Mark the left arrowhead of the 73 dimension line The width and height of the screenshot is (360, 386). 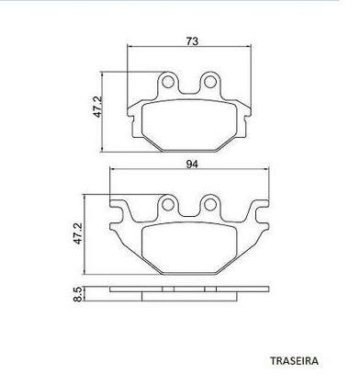coord(129,50)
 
